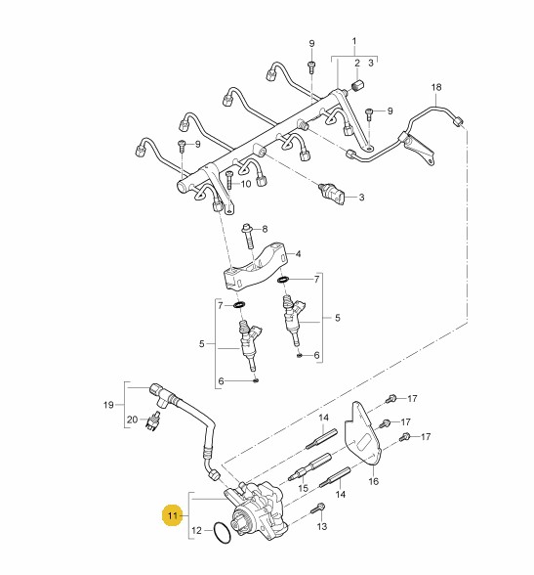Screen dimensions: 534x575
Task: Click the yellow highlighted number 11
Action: [x=173, y=515]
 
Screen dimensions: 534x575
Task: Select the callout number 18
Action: [x=436, y=87]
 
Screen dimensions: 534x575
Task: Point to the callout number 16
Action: [x=373, y=481]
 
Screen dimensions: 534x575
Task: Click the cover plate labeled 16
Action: [x=362, y=432]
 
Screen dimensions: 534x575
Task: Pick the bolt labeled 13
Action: [x=317, y=509]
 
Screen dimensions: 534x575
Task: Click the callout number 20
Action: [x=132, y=420]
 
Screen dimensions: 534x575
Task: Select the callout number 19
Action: [x=108, y=405]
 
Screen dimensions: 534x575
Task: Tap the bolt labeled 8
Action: [x=247, y=238]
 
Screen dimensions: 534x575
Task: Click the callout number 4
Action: [x=298, y=254]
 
